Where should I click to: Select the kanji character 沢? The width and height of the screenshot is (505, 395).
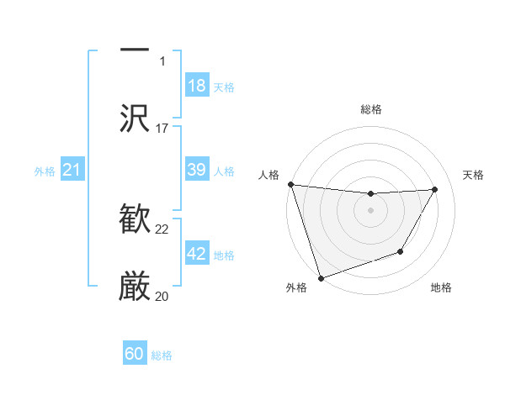[x=135, y=118]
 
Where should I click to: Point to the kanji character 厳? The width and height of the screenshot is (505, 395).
[x=135, y=287]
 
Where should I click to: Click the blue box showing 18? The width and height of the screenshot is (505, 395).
[x=197, y=86]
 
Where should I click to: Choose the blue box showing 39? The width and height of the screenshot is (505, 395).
[x=197, y=170]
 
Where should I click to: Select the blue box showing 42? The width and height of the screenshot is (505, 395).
[x=197, y=254]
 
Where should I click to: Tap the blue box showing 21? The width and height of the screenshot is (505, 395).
[x=72, y=171]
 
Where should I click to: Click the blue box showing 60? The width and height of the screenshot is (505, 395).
[x=135, y=354]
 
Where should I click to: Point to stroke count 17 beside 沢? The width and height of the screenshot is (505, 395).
[x=162, y=129]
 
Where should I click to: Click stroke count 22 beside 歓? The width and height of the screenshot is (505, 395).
[x=162, y=229]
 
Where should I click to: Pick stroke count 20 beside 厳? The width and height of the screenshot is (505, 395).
[x=162, y=296]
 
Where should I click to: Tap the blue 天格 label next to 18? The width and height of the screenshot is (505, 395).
[x=224, y=87]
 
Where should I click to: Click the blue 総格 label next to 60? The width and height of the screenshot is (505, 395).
[x=162, y=355]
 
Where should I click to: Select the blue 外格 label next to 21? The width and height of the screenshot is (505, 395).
[x=45, y=171]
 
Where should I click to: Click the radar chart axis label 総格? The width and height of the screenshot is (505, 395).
[x=371, y=109]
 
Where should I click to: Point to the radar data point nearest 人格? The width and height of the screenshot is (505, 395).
[x=290, y=184]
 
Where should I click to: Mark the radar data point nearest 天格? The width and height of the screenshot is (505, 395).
[x=435, y=189]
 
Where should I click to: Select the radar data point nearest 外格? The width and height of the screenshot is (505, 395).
[x=321, y=277]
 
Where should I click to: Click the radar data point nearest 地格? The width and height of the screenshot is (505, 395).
[x=401, y=251]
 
